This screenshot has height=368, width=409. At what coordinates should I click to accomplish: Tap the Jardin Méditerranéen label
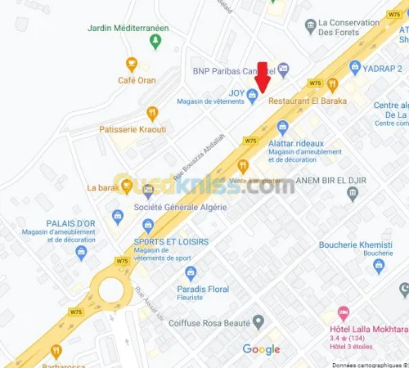[128, 29]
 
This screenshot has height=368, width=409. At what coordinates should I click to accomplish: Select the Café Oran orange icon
[131, 63]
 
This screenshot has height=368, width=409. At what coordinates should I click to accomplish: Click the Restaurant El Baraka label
[308, 101]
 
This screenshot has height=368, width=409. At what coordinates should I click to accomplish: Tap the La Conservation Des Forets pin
[310, 27]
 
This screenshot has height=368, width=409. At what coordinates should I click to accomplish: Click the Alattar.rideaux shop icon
[282, 127]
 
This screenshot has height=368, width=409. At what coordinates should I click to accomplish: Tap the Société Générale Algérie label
[181, 208]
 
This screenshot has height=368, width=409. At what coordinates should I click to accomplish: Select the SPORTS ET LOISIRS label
[171, 242]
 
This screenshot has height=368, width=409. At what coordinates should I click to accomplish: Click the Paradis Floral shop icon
[191, 273]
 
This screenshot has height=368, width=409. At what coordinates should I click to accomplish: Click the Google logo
[262, 349]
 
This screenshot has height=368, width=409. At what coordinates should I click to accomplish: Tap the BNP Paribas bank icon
[283, 70]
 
